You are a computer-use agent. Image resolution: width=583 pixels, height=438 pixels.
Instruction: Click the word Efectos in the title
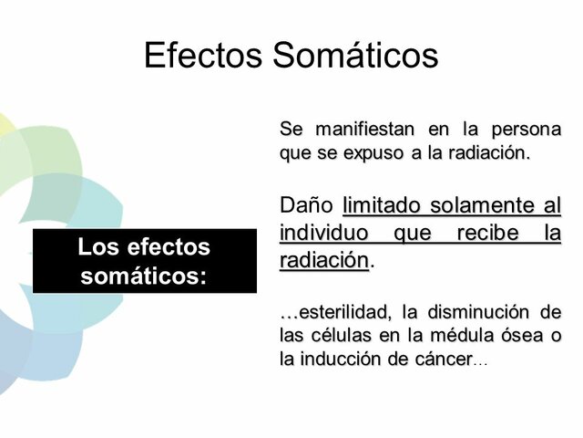(x=203, y=55)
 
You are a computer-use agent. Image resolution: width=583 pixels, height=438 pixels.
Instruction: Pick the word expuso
(x=372, y=151)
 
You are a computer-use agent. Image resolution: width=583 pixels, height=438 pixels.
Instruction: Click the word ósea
(x=527, y=336)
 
